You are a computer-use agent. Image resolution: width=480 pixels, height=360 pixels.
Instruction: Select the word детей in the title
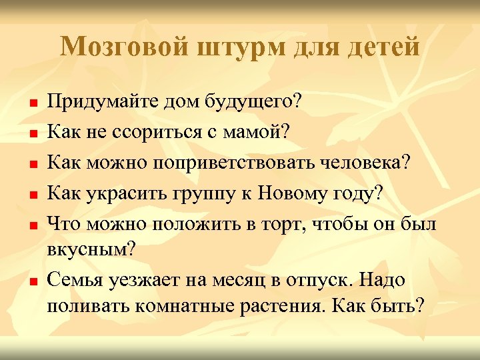(x=383, y=47)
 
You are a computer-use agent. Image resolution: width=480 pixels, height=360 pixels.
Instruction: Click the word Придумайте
(x=97, y=104)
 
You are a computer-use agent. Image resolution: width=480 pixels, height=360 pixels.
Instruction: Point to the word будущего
(x=252, y=104)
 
